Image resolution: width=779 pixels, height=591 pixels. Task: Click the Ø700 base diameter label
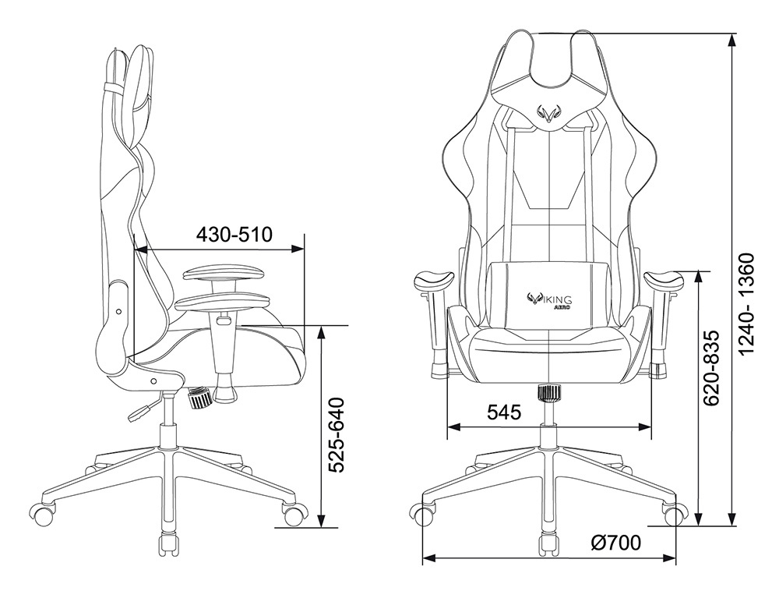click(x=615, y=543)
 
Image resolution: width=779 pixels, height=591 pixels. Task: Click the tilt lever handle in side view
click(x=139, y=412)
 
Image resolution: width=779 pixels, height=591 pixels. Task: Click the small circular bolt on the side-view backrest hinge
click(x=118, y=311)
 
